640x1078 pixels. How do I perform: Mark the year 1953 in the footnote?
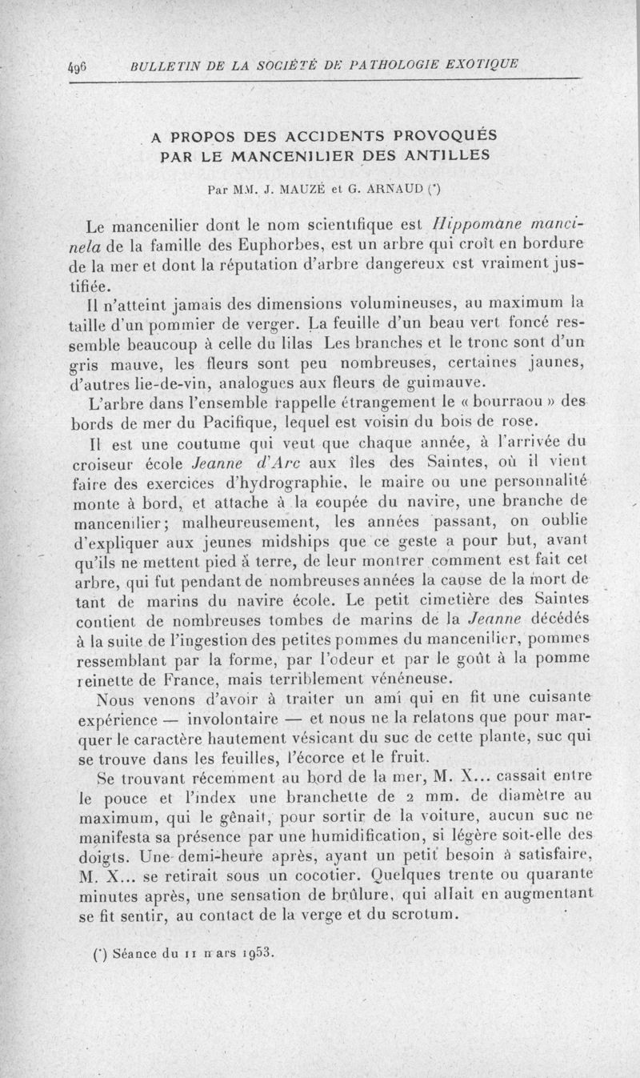click(x=255, y=953)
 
